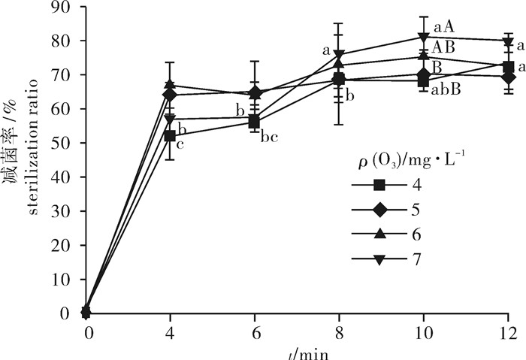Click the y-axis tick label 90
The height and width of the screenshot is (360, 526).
point(65,8)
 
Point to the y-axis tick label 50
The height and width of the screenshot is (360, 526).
point(65,143)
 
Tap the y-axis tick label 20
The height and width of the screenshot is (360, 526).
point(65,245)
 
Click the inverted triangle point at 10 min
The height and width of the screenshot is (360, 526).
point(424,37)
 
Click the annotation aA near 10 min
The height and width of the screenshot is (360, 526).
point(445,28)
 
